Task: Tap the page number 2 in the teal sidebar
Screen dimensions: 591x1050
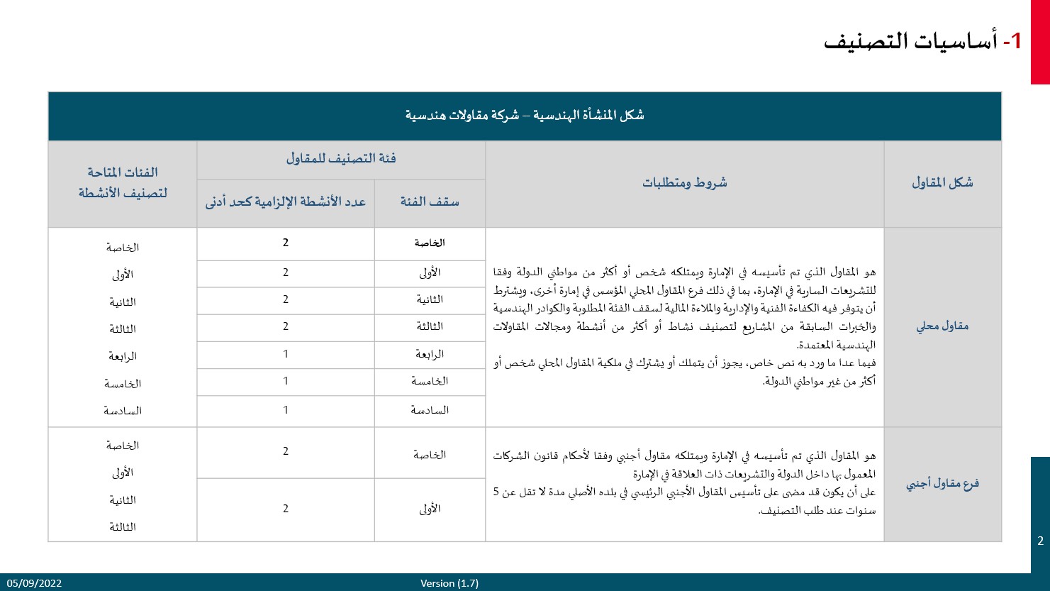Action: [1040, 541]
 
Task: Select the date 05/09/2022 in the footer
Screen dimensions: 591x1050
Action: [35, 583]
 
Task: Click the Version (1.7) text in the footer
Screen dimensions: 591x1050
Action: [449, 583]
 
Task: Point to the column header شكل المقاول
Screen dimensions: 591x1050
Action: [942, 183]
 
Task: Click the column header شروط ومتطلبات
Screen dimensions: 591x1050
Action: [684, 183]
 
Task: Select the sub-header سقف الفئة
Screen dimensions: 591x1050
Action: [430, 202]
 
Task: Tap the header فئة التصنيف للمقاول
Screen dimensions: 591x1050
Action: [341, 158]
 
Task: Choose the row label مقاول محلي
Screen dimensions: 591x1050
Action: [942, 326]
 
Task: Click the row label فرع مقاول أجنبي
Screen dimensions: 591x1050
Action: [942, 484]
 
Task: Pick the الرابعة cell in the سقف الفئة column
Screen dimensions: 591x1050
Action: [430, 354]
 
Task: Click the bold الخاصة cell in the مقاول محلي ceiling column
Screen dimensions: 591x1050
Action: [430, 243]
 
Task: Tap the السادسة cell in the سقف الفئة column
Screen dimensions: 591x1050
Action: [430, 410]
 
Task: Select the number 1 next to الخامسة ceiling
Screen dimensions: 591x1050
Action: [286, 381]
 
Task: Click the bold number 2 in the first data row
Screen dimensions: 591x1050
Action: [286, 243]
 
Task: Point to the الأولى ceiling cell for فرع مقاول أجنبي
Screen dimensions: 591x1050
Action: [430, 509]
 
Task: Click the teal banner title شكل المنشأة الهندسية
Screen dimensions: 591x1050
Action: [525, 115]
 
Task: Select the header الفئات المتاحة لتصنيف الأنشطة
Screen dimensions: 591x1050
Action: [123, 182]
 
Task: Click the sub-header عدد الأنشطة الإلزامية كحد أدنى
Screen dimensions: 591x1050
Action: [286, 202]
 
